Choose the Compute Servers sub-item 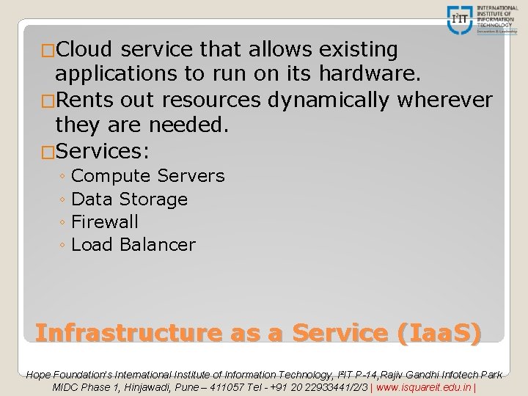click(x=148, y=176)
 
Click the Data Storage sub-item click(x=130, y=199)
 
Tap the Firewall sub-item click(x=106, y=221)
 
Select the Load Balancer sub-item click(x=133, y=244)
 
